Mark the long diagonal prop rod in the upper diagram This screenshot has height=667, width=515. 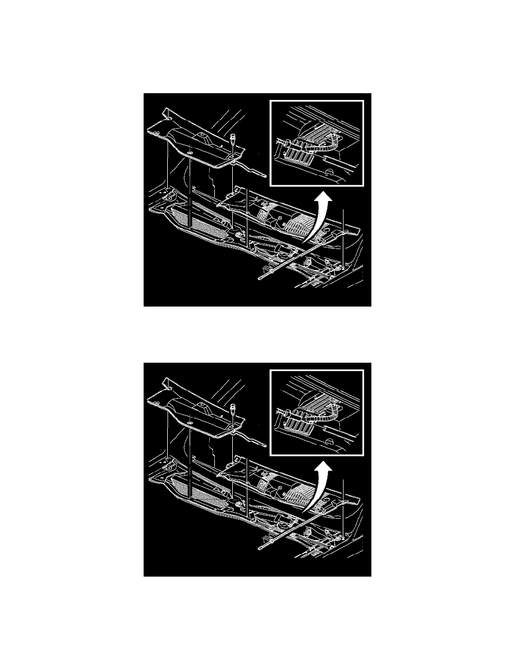[x=297, y=256]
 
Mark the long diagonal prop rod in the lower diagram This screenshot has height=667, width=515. [x=297, y=526]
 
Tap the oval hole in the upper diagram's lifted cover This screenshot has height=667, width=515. [x=191, y=152]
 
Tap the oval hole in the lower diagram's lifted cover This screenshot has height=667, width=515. [x=191, y=422]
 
